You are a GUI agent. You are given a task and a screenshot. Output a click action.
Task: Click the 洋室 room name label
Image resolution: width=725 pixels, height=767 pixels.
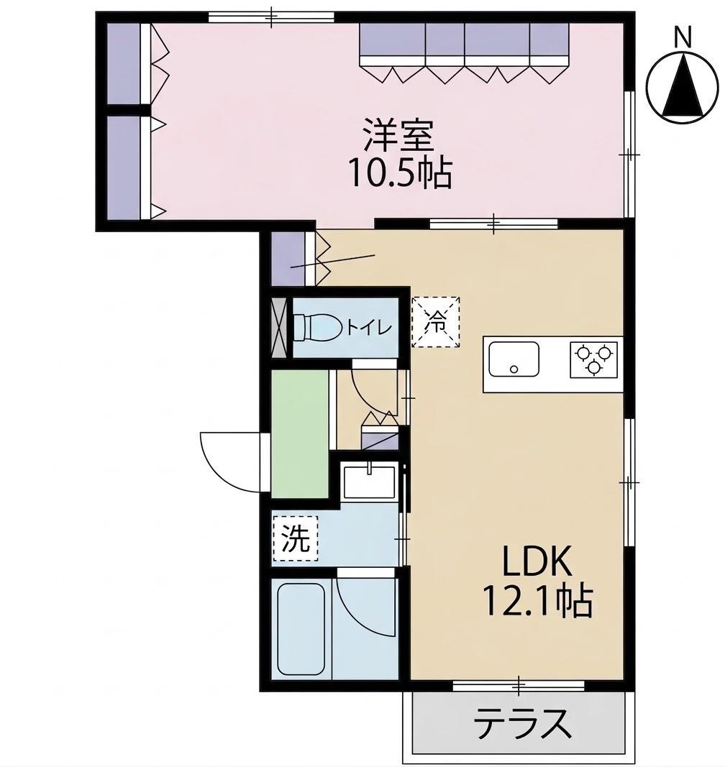click(x=398, y=137)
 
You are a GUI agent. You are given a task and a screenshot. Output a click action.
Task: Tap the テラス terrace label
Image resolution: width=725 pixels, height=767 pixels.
click(x=523, y=723)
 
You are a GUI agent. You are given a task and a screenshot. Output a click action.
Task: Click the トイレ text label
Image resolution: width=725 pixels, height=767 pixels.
click(x=369, y=328)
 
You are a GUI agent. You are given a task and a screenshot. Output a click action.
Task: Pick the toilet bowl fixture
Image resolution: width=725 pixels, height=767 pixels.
click(x=316, y=328)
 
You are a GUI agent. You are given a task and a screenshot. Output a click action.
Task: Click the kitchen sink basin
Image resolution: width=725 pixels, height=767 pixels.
click(x=514, y=359)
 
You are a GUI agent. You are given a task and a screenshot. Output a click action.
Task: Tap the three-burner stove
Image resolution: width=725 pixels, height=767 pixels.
click(x=594, y=359)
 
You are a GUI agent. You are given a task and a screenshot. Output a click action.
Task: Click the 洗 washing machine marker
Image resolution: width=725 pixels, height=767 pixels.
click(x=294, y=540)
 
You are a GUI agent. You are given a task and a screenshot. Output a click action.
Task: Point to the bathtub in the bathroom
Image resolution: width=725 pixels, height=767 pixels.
click(x=303, y=630)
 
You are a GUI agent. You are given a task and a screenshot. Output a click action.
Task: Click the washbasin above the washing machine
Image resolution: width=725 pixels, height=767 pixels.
click(x=369, y=482)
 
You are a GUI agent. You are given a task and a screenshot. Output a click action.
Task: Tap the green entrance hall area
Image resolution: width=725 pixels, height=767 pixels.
click(x=298, y=431)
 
